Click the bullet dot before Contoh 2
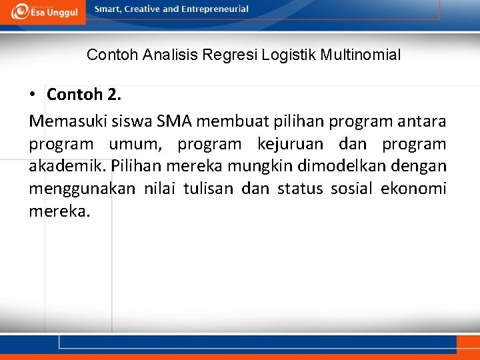pyautogui.click(x=32, y=95)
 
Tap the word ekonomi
pyautogui.click(x=413, y=189)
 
